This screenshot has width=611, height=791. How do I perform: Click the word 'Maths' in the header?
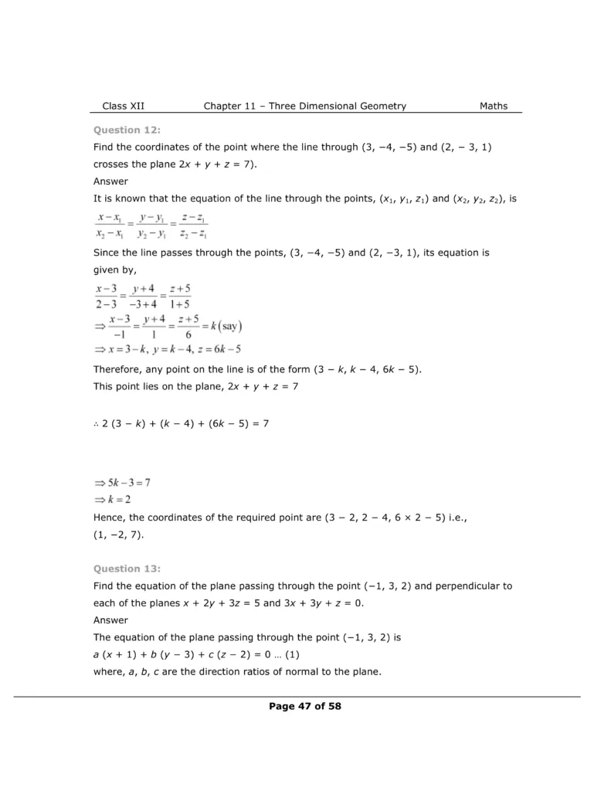494,106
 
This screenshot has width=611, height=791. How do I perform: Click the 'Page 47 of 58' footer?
305,705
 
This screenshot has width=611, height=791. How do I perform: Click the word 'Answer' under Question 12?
111,182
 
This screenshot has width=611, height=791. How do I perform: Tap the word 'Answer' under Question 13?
111,620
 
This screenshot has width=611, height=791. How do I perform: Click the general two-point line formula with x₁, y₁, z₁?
151,226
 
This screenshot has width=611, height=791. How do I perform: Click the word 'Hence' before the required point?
110,517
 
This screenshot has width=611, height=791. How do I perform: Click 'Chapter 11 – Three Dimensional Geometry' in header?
304,106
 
